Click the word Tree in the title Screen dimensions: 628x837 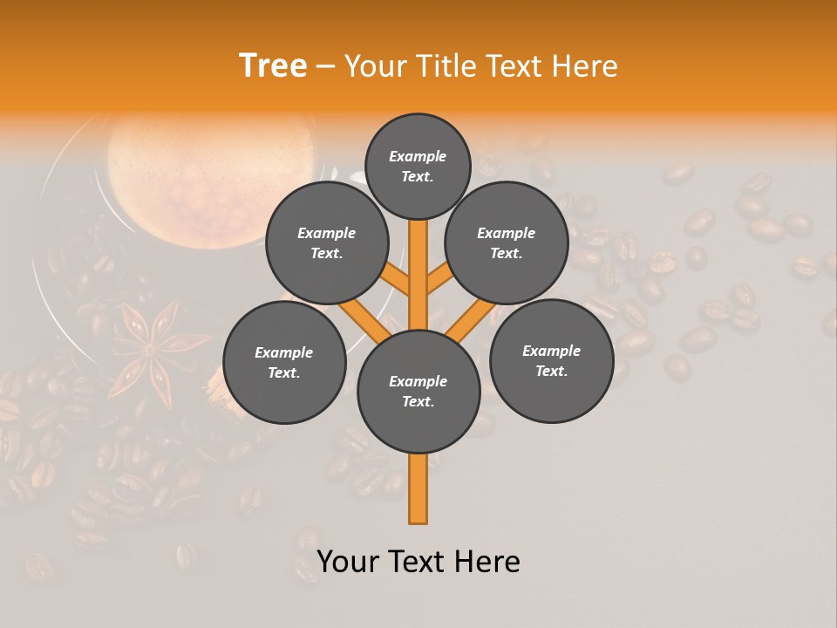(x=273, y=65)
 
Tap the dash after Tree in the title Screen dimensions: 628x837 (x=326, y=67)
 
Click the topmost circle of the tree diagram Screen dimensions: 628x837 (x=418, y=166)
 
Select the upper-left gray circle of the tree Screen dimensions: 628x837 (x=327, y=242)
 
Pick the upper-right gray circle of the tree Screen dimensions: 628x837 (x=507, y=242)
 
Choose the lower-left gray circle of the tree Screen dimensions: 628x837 (x=284, y=362)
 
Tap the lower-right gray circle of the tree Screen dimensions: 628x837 (x=552, y=360)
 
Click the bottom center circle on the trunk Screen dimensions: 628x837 (x=418, y=392)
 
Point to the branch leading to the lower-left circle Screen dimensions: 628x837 (x=364, y=319)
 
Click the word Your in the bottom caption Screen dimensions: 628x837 (x=347, y=562)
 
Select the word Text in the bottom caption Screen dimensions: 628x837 (x=420, y=562)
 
